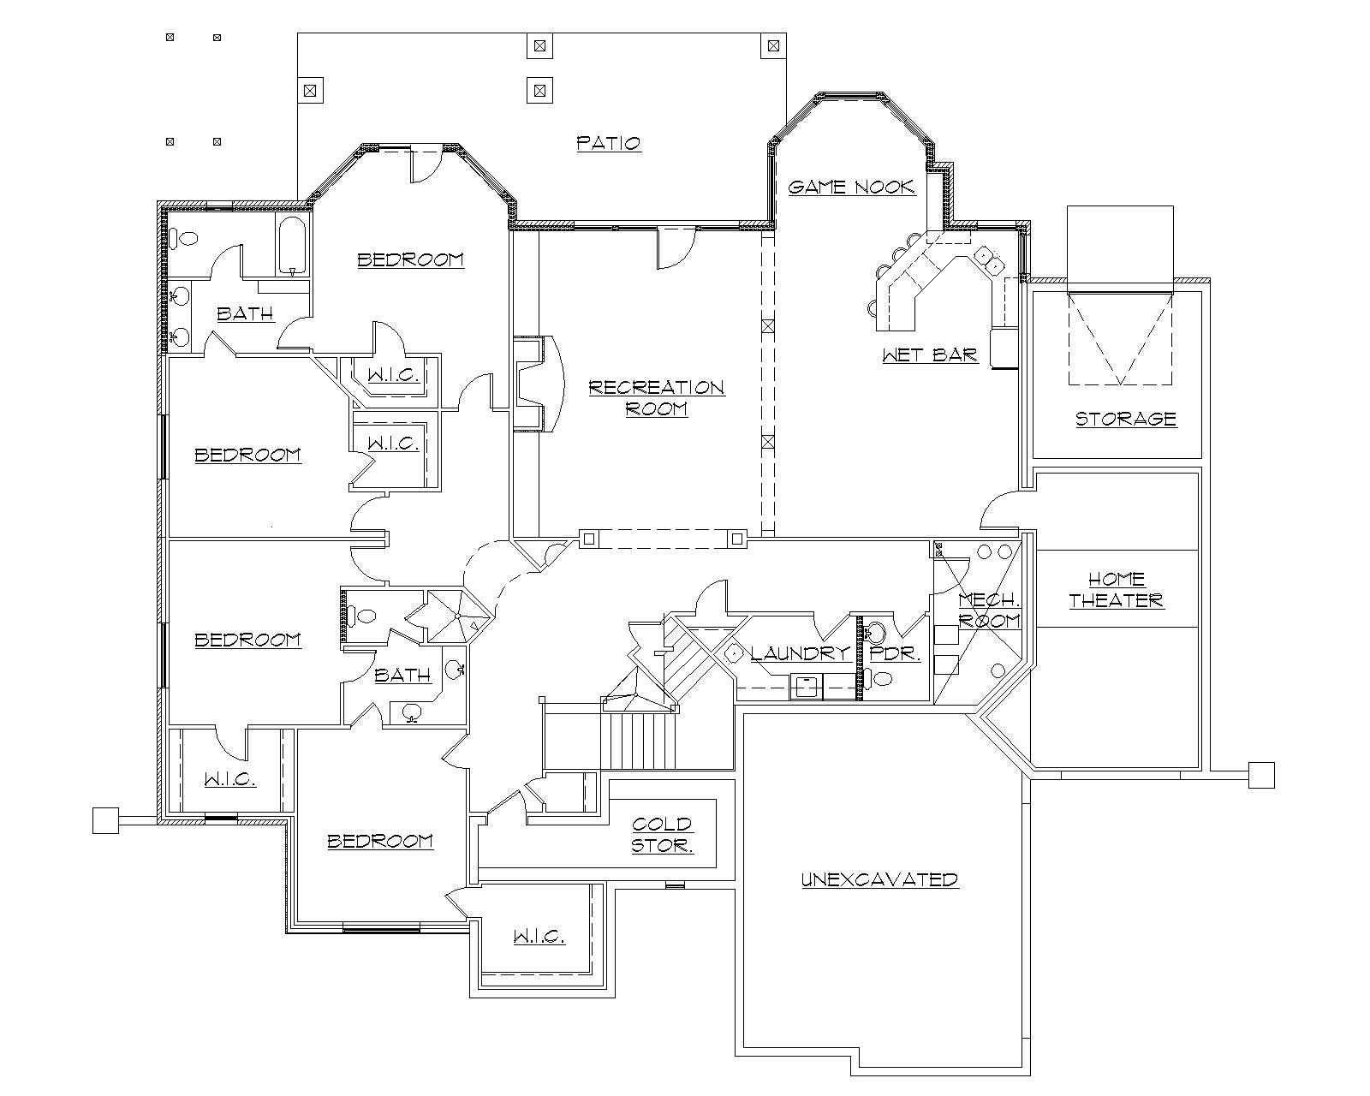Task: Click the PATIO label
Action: pos(609,143)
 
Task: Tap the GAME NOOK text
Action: pos(851,187)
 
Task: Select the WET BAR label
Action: pos(930,354)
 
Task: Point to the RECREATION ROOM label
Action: pos(657,398)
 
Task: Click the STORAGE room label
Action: pos(1126,419)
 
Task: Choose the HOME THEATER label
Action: pos(1117,590)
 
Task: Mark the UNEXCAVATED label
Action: pos(879,879)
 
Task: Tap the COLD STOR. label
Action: pos(662,835)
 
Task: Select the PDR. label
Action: pos(895,654)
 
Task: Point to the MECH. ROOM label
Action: pos(988,610)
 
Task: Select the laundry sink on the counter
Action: pos(805,685)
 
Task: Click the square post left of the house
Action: pos(104,820)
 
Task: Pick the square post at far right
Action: pos(1261,774)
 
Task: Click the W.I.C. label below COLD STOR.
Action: pos(539,938)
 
